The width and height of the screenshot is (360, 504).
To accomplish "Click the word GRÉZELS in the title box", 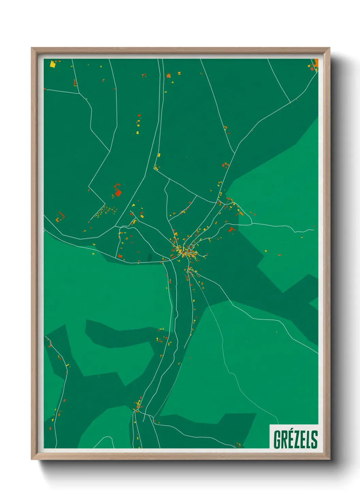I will [295, 439].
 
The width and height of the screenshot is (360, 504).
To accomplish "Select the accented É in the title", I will [291, 439].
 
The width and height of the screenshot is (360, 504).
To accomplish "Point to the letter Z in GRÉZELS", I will [297, 439].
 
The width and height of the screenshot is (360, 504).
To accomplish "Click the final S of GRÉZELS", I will [314, 439].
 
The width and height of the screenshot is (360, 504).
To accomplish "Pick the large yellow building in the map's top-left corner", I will [52, 64].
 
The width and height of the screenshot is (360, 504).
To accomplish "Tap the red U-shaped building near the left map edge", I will [61, 216].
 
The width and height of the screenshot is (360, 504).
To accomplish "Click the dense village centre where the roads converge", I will [184, 251].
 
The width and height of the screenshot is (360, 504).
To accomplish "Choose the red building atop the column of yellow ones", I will [138, 116].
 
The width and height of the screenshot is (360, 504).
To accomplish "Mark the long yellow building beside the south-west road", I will [67, 365].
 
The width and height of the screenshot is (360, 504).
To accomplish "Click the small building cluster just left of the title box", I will [238, 445].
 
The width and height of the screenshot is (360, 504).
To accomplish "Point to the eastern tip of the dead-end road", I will [313, 230].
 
